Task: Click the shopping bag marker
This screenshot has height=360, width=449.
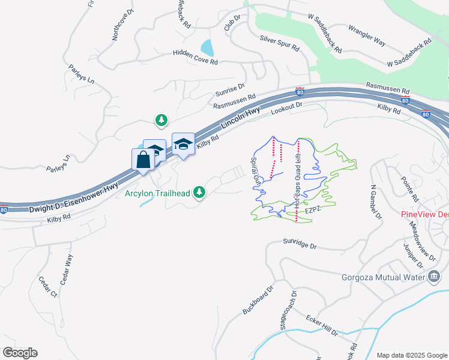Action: pyautogui.click(x=143, y=160)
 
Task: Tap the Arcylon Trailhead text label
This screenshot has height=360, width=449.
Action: pyautogui.click(x=157, y=193)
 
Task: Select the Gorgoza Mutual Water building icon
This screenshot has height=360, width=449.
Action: pyautogui.click(x=433, y=277)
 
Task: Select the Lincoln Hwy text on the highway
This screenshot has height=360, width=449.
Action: pyautogui.click(x=240, y=118)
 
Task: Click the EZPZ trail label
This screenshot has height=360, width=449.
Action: pyautogui.click(x=314, y=211)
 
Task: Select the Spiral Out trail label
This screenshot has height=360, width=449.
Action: pyautogui.click(x=256, y=172)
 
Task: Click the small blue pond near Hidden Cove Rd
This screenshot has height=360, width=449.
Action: pyautogui.click(x=207, y=47)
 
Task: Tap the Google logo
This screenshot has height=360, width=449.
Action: pyautogui.click(x=20, y=353)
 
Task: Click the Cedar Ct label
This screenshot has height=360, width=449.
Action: pyautogui.click(x=47, y=287)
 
